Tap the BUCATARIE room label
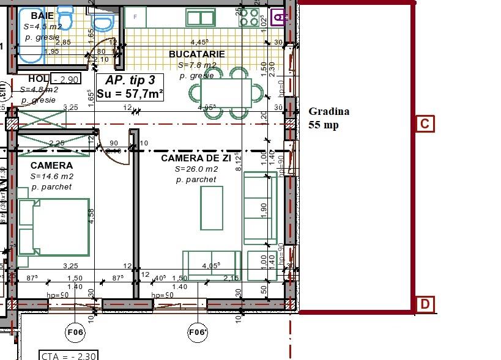pyautogui.click(x=197, y=54)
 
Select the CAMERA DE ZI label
pyautogui.click(x=196, y=158)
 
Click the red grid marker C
pyautogui.click(x=425, y=124)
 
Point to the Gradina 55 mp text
pyautogui.click(x=328, y=118)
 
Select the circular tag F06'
pyautogui.click(x=197, y=332)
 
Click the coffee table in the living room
pyautogui.click(x=212, y=208)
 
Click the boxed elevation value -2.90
pyautogui.click(x=66, y=79)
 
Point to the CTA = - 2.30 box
pyautogui.click(x=67, y=355)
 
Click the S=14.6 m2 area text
pyautogui.click(x=51, y=176)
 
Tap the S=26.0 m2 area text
pyautogui.click(x=196, y=169)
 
